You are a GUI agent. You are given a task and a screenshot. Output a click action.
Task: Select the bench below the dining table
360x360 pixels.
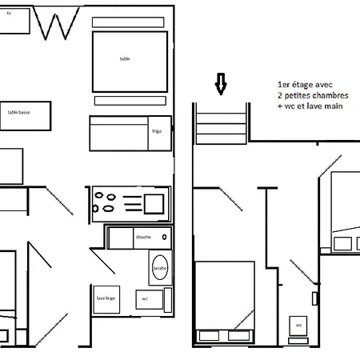130,100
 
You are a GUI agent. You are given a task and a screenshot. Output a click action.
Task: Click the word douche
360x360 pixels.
143,238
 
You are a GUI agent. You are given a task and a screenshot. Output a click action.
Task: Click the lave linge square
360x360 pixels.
106,300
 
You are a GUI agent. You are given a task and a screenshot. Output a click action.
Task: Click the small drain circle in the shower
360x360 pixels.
165,238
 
